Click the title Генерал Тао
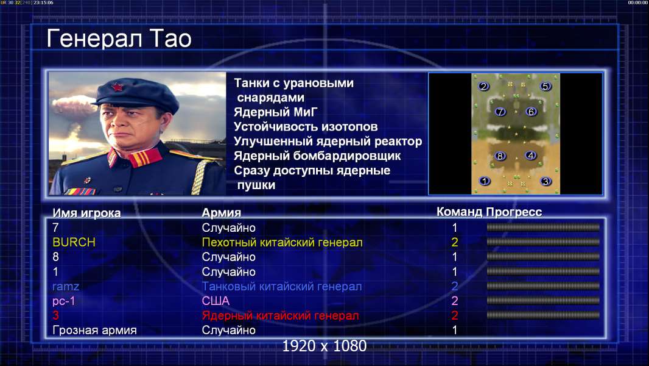point(119,38)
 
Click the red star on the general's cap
point(118,87)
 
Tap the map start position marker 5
point(545,86)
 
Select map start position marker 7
point(500,112)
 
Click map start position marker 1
point(484,181)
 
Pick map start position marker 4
point(531,156)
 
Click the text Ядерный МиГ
point(276,112)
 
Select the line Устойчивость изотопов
point(306,126)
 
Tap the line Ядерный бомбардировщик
point(317,156)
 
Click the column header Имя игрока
point(86,213)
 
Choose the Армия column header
point(222,213)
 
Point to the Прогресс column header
point(514,212)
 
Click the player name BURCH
point(74,242)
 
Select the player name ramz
point(66,287)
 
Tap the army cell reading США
point(216,301)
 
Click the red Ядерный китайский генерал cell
point(281,315)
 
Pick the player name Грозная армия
point(95,331)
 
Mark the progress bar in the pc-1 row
point(543,301)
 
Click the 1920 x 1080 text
point(324,346)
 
